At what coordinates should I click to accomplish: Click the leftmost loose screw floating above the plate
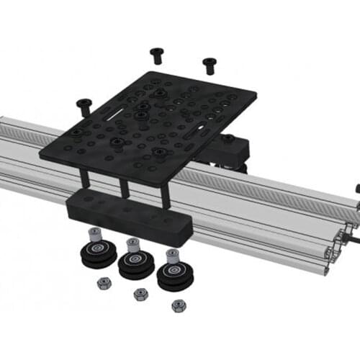84,105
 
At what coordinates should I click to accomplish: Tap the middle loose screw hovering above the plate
157,53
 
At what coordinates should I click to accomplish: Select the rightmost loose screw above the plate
210,65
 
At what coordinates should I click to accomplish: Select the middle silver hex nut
140,294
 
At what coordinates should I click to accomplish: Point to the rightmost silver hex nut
179,305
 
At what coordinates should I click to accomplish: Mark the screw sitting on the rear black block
228,138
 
